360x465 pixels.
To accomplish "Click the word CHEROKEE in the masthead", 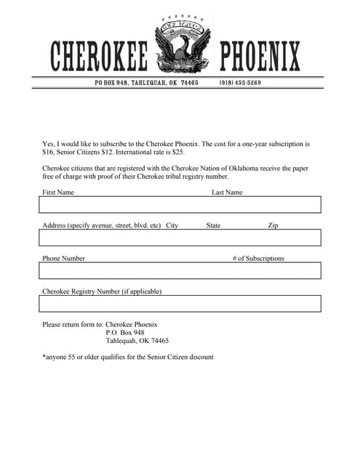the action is click(x=99, y=56).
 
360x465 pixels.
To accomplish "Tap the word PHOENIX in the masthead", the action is click(x=260, y=56).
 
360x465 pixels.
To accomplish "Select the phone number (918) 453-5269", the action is click(x=240, y=83).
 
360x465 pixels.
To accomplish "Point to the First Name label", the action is click(x=58, y=193).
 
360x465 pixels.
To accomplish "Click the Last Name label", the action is click(x=227, y=193).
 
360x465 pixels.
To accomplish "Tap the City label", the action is click(x=172, y=225).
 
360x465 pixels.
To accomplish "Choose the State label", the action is click(x=213, y=225).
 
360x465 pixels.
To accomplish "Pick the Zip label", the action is click(x=273, y=225).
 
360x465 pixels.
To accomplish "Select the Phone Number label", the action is click(x=63, y=258).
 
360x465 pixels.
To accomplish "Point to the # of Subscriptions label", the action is click(x=258, y=258).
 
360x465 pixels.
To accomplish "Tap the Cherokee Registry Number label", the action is click(x=102, y=291).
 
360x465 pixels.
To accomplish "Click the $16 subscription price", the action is click(x=48, y=154).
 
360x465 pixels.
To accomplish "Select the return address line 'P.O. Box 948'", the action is click(x=125, y=332).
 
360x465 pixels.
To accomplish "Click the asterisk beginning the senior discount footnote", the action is click(x=44, y=356).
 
